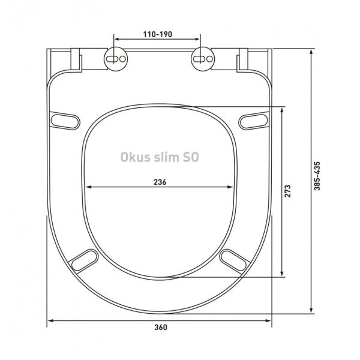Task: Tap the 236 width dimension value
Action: (160, 182)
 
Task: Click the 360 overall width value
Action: (160, 327)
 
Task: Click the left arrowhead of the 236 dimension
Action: (89, 187)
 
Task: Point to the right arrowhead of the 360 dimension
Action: (270, 321)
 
